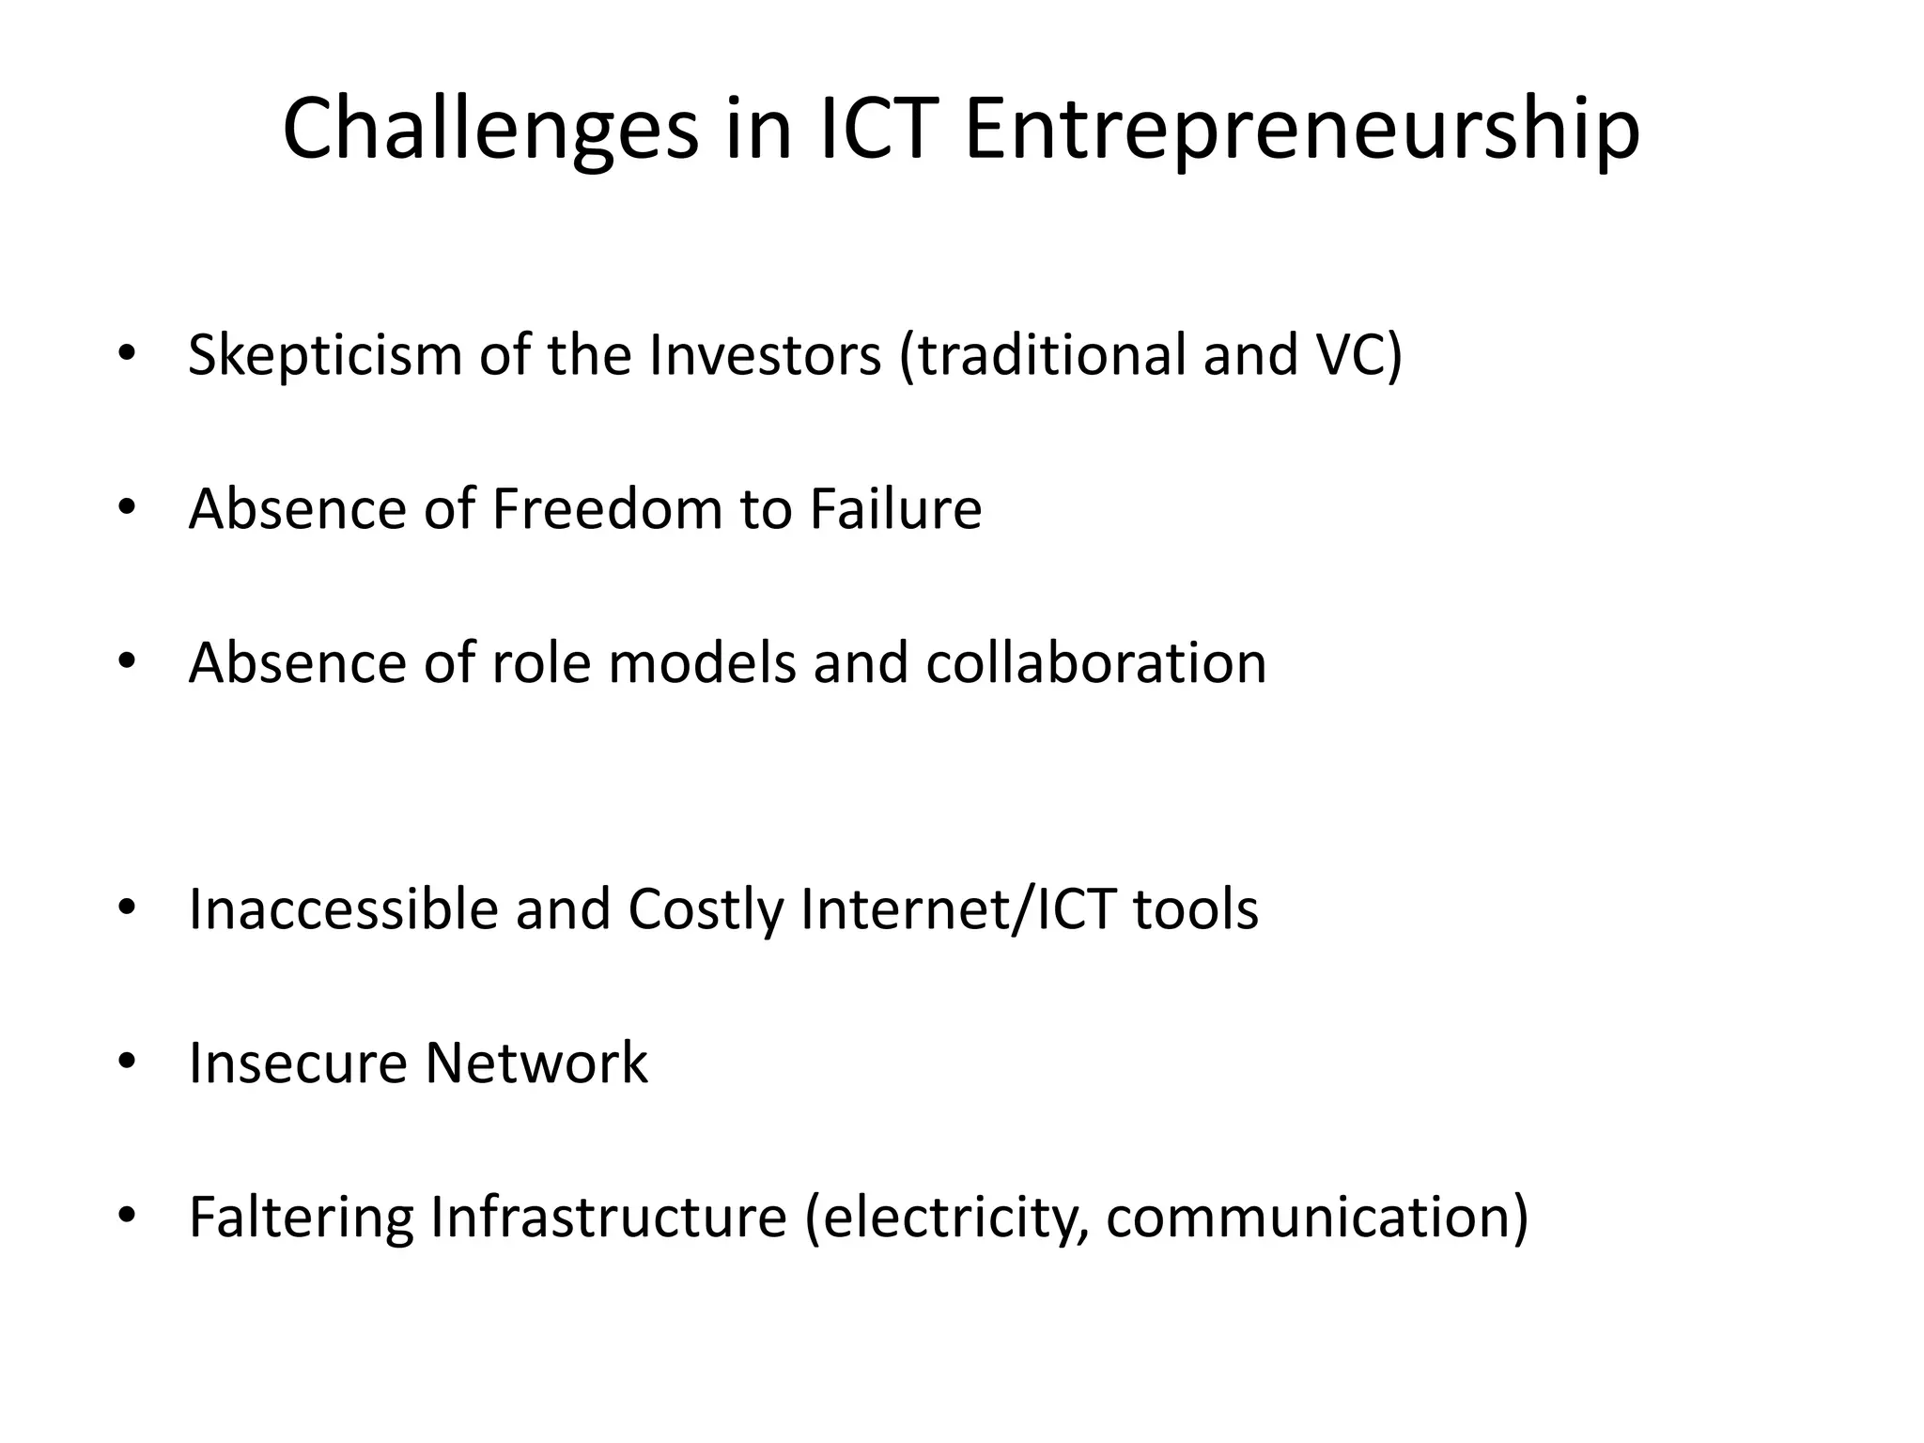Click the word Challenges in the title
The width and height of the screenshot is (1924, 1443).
[490, 130]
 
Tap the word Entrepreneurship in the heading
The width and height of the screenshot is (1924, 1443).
[1302, 130]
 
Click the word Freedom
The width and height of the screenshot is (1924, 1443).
[607, 509]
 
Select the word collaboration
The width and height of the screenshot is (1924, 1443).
[1095, 663]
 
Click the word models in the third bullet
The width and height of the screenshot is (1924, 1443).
[702, 663]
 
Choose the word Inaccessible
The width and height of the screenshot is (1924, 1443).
[343, 909]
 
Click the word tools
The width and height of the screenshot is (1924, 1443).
[1195, 909]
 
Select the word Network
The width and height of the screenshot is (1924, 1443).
[535, 1063]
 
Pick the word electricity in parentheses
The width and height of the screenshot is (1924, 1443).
[949, 1217]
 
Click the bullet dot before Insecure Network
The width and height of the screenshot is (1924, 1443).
[127, 1063]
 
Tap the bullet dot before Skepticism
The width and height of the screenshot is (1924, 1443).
[127, 355]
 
